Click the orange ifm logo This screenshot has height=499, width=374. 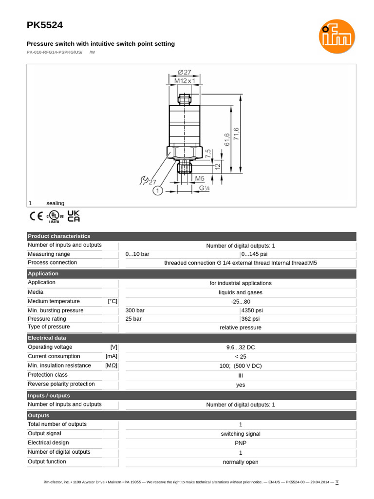337,37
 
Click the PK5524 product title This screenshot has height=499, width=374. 44,25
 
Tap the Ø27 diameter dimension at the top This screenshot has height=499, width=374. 184,73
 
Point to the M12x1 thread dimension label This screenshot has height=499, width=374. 184,80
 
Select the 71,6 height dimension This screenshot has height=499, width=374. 236,134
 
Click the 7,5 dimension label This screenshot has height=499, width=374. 208,154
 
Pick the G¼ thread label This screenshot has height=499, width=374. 205,188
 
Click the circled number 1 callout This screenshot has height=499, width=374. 158,191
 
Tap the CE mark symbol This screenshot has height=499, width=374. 36,216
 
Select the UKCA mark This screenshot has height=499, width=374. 74,216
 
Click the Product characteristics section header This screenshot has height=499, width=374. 59,236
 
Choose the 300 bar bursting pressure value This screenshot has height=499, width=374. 135,310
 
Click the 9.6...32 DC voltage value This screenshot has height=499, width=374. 241,347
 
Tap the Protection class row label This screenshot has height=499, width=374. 48,375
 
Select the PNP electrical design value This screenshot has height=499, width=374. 241,443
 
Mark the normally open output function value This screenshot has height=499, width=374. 241,462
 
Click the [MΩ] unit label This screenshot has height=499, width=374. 111,365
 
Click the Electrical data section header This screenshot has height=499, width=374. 47,338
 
